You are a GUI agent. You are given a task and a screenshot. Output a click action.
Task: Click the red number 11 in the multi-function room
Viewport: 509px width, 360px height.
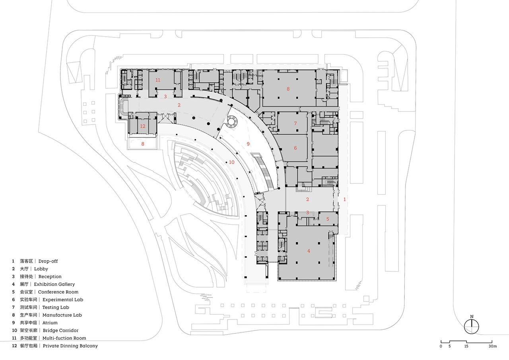[x=158, y=80]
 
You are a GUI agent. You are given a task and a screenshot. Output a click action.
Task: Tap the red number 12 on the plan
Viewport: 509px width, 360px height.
[x=142, y=126]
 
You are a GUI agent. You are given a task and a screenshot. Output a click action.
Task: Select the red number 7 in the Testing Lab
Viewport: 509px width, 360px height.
[x=295, y=123]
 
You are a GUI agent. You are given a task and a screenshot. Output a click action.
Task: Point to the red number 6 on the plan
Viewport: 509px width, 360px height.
[x=295, y=148]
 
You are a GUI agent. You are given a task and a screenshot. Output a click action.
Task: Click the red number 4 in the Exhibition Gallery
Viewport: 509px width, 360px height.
[x=309, y=251]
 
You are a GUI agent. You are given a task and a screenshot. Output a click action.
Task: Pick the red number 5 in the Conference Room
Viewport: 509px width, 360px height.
[x=328, y=219]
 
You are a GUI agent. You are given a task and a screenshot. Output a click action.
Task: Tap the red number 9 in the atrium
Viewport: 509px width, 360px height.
[x=248, y=144]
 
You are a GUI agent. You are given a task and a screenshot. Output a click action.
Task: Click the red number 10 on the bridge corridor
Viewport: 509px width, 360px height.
[x=231, y=162]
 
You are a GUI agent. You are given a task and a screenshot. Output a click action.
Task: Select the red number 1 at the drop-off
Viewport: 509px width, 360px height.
[x=344, y=200]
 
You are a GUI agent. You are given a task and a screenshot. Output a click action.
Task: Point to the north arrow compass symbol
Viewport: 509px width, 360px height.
[x=472, y=326]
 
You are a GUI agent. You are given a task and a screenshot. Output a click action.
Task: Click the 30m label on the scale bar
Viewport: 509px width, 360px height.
[x=493, y=346]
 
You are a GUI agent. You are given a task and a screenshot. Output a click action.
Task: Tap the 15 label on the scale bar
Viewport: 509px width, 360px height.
[x=466, y=346]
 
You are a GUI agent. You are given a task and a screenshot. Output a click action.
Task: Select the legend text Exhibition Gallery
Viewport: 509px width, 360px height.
[x=54, y=284]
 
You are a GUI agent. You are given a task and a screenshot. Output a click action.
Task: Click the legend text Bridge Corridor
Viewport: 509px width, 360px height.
[x=60, y=331]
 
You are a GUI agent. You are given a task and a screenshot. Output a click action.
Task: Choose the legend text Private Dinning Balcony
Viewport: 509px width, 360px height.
[x=70, y=346]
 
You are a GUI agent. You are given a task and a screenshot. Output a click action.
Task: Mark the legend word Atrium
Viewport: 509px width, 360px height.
[x=50, y=323]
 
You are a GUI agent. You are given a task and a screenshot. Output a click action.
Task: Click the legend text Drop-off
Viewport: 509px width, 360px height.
[x=48, y=261]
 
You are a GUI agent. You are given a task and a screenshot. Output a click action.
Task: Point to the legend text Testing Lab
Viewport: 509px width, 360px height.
[x=56, y=307]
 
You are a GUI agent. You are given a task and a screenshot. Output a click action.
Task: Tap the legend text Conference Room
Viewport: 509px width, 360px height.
[x=58, y=292]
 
